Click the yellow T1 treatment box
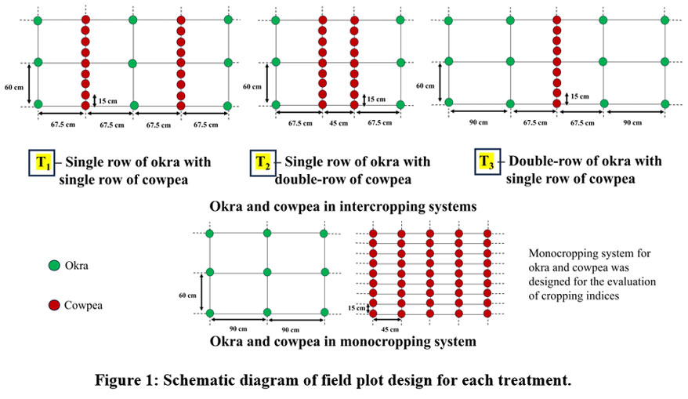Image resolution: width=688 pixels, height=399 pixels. (x=42, y=162)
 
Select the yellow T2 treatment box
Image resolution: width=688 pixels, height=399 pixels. (x=263, y=162)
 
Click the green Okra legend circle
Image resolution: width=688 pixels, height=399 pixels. (x=53, y=267)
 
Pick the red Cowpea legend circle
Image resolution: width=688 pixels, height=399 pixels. (x=53, y=303)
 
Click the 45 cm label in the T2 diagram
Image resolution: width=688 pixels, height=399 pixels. (x=337, y=122)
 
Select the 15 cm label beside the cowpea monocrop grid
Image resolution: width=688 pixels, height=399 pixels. (x=357, y=308)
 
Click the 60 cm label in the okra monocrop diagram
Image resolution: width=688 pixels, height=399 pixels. (x=189, y=296)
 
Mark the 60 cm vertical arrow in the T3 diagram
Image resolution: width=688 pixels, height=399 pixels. (x=441, y=83)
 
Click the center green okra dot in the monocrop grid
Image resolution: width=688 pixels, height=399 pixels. (x=267, y=273)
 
